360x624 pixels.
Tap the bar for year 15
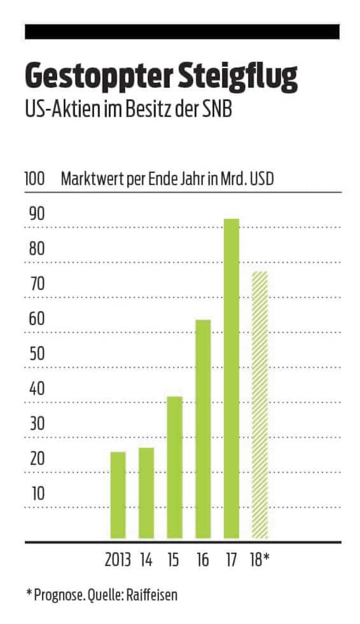click(174, 467)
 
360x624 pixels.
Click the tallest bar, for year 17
click(231, 378)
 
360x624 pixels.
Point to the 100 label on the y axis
click(35, 179)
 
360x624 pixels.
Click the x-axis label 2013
click(118, 560)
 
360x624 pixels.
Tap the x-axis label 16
click(202, 560)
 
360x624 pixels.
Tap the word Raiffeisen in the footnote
click(153, 596)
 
